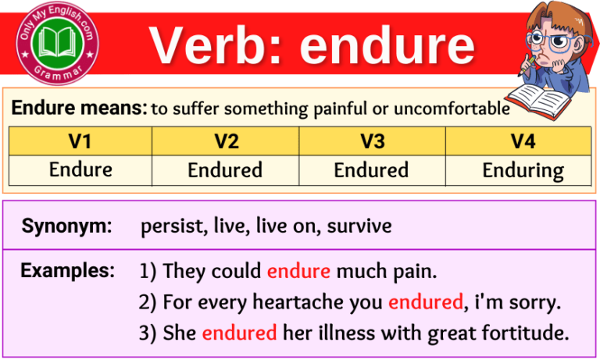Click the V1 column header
point(80,141)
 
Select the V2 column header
point(225,141)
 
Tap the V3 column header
point(372,141)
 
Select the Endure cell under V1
point(80,169)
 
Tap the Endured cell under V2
point(225,169)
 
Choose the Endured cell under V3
point(372,169)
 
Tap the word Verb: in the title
point(218,45)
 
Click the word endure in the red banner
point(387,45)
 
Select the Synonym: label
point(66,227)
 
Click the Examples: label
point(67,271)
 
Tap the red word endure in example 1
point(298,272)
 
